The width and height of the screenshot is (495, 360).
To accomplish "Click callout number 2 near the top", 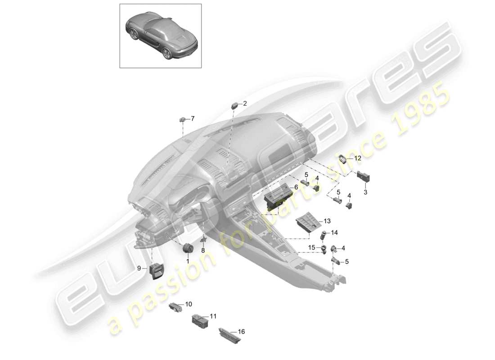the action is pyautogui.click(x=245, y=103).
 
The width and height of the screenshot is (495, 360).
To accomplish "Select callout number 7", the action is pyautogui.click(x=193, y=119).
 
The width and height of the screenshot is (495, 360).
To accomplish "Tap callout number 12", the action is pyautogui.click(x=358, y=158).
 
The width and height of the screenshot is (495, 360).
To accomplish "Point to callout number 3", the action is pyautogui.click(x=365, y=192).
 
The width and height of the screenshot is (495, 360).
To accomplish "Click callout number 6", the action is pyautogui.click(x=297, y=187).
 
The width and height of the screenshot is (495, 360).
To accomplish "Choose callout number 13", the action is pyautogui.click(x=327, y=221).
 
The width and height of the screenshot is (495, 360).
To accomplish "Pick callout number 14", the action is pyautogui.click(x=334, y=233).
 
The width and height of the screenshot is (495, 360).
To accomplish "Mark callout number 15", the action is pyautogui.click(x=312, y=248).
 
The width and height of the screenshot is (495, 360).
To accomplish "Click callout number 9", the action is pyautogui.click(x=139, y=268).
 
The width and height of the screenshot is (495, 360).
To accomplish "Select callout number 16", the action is pyautogui.click(x=242, y=332).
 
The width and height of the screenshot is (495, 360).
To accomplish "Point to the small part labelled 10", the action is pyautogui.click(x=175, y=307).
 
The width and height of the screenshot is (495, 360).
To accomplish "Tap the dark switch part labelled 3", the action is pyautogui.click(x=363, y=176).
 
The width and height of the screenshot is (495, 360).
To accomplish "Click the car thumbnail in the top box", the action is pyautogui.click(x=161, y=36).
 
